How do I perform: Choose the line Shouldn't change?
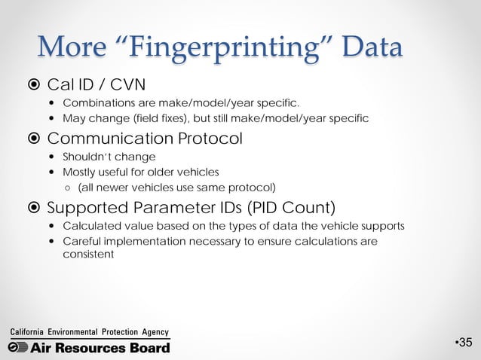click(98, 157)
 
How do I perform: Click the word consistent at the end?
click(88, 254)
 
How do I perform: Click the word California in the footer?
click(26, 332)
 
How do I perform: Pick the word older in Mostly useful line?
click(161, 172)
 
